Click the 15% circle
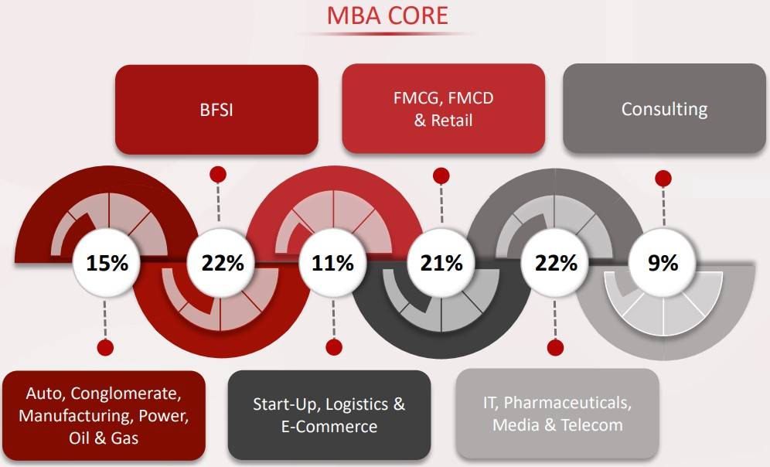(x=107, y=263)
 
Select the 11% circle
(x=333, y=263)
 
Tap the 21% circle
(x=441, y=263)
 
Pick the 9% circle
(x=663, y=263)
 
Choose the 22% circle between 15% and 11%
(x=223, y=263)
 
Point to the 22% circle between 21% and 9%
(x=556, y=263)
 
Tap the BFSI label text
(x=216, y=110)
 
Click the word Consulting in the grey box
(x=664, y=108)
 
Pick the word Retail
(x=452, y=121)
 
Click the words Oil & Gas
(x=104, y=438)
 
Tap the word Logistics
(x=357, y=404)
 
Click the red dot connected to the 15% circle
(x=105, y=347)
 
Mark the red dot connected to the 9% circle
(x=663, y=179)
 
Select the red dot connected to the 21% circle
(x=441, y=176)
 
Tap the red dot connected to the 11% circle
(x=333, y=347)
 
